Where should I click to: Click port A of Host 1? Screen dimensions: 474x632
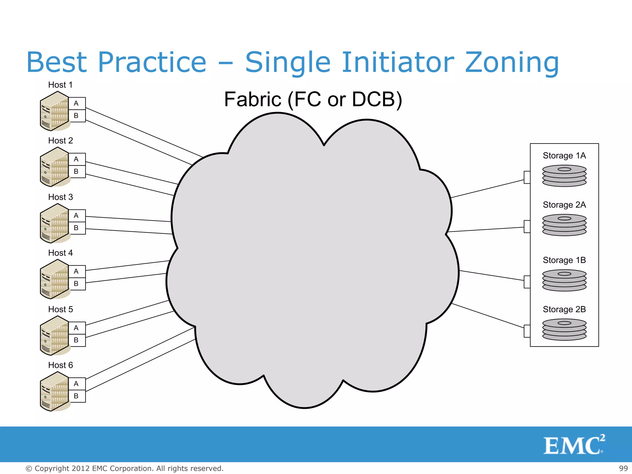pyautogui.click(x=77, y=103)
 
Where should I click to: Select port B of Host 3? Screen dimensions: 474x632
pyautogui.click(x=77, y=228)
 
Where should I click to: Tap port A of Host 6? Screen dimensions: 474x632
pyautogui.click(x=77, y=384)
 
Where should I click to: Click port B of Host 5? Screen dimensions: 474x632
pyautogui.click(x=77, y=340)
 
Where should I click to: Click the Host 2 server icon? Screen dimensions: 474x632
pyautogui.click(x=54, y=167)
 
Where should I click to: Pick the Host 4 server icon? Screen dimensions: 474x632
pyautogui.click(x=54, y=279)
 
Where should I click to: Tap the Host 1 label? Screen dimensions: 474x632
pyautogui.click(x=60, y=85)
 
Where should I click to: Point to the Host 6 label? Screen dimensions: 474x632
pyautogui.click(x=60, y=365)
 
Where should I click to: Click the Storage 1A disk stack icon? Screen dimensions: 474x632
pyautogui.click(x=564, y=176)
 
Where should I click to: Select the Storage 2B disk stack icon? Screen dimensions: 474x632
pyautogui.click(x=564, y=330)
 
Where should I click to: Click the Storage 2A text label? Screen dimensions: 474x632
pyautogui.click(x=564, y=205)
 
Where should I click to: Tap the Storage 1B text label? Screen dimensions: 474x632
pyautogui.click(x=564, y=260)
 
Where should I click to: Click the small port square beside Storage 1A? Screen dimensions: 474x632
pyautogui.click(x=527, y=177)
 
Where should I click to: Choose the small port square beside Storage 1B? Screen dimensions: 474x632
pyautogui.click(x=527, y=282)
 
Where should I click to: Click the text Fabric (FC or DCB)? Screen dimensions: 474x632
pyautogui.click(x=313, y=99)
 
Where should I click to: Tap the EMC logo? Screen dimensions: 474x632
pyautogui.click(x=573, y=445)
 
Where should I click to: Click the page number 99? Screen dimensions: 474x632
pyautogui.click(x=623, y=468)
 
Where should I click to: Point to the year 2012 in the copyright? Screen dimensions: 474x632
pyautogui.click(x=81, y=468)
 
